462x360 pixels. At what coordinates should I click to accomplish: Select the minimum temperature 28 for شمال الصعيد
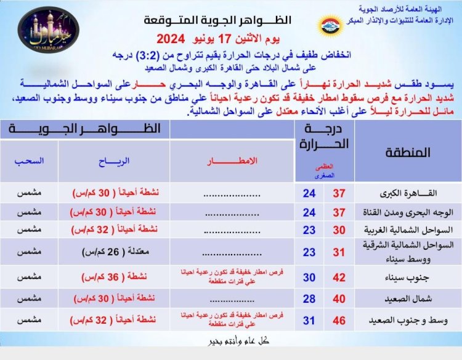[x=309, y=299]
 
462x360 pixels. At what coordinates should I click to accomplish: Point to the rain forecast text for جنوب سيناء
[x=230, y=277]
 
